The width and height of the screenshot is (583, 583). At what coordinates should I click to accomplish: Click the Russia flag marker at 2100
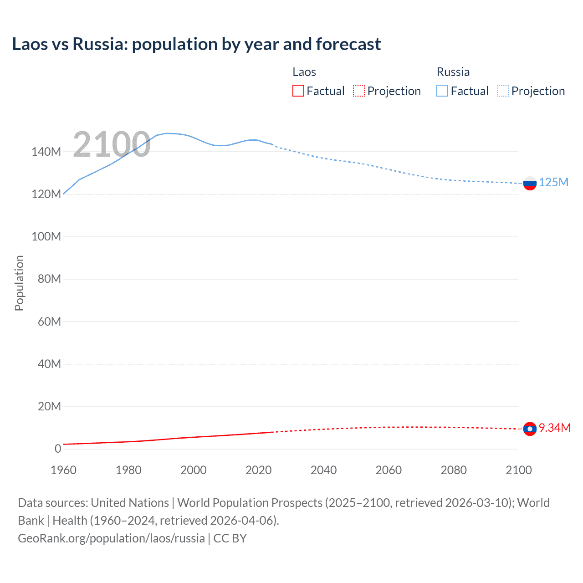tap(530, 184)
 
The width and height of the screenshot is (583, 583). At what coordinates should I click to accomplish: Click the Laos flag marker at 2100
tap(530, 429)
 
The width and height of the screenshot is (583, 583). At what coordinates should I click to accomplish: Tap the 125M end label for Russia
tap(553, 183)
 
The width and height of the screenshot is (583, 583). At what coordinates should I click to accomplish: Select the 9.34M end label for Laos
tap(555, 428)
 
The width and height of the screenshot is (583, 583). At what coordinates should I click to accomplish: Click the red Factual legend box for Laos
tap(298, 91)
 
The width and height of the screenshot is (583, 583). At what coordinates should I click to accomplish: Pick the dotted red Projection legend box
tap(359, 91)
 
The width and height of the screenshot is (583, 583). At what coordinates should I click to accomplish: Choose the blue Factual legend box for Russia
tap(442, 91)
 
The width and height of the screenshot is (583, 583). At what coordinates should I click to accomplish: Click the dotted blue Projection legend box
tap(503, 91)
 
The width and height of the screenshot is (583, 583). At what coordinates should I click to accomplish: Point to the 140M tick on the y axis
tap(46, 152)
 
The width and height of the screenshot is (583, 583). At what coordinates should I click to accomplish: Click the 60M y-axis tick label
tap(49, 322)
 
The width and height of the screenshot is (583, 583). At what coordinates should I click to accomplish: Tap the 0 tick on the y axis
tap(58, 449)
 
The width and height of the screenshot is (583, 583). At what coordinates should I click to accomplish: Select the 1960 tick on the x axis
tap(63, 470)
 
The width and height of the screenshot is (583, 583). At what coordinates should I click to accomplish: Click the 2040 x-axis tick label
tap(323, 470)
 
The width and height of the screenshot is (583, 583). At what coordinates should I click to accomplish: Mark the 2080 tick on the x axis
tap(454, 470)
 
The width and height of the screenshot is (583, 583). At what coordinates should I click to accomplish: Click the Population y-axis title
tap(19, 283)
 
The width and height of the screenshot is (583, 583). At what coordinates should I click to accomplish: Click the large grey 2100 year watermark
tap(112, 144)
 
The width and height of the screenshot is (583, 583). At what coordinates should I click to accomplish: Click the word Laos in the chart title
tap(30, 44)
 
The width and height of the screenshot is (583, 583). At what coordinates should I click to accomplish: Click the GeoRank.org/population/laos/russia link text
tap(111, 538)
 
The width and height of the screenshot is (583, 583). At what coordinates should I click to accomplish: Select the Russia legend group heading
tap(453, 72)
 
